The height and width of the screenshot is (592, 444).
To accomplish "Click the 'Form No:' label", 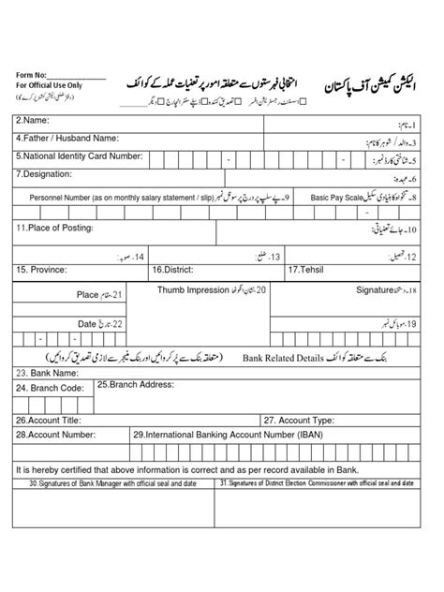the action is (31, 73).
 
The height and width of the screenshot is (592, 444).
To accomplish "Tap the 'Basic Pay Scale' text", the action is (335, 198).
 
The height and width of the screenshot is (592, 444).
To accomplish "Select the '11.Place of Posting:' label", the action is (54, 228).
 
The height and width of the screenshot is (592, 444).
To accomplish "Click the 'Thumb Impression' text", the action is (192, 290).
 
